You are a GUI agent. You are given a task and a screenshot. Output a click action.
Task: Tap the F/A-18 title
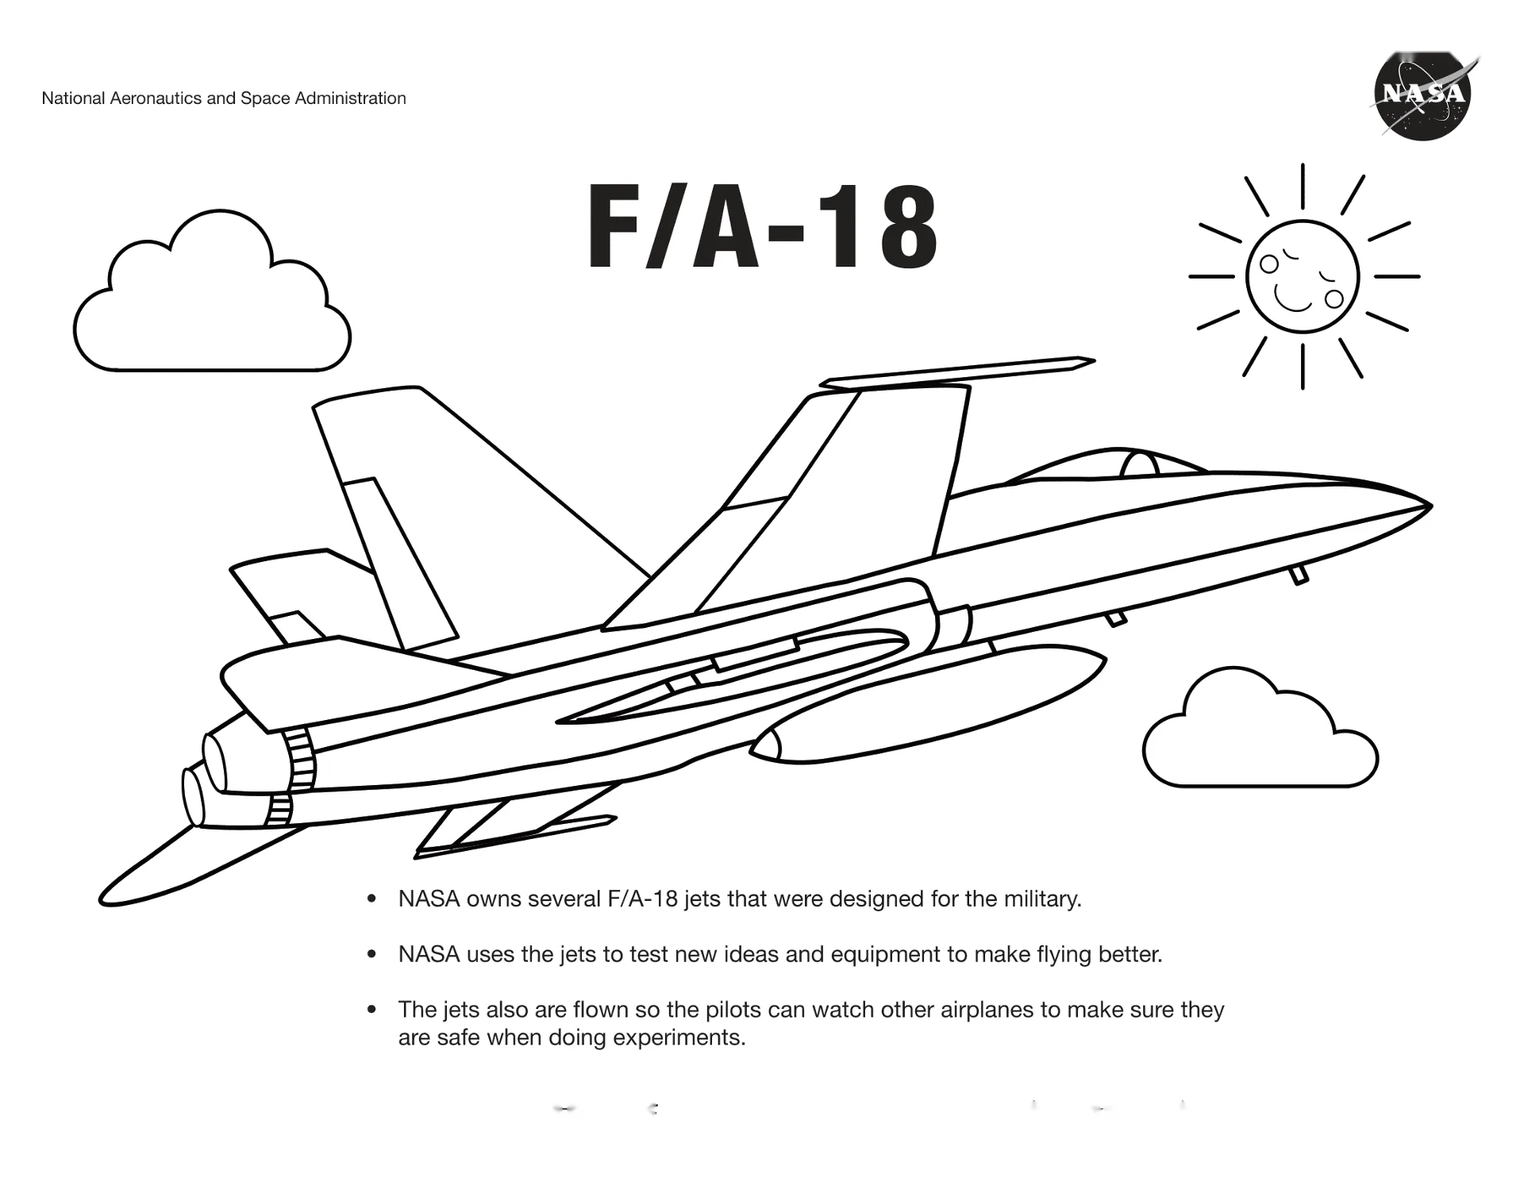pos(762,228)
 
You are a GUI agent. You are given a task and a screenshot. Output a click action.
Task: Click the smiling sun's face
pos(1303,277)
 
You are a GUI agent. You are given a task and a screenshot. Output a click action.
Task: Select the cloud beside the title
pos(212,291)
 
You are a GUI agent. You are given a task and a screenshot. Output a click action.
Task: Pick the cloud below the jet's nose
pos(1260,729)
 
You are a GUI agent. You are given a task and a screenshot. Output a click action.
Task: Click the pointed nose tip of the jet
pos(1430,505)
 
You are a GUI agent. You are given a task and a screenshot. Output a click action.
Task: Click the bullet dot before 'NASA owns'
pos(371,899)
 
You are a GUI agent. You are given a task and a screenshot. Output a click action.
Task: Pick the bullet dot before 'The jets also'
pos(371,1010)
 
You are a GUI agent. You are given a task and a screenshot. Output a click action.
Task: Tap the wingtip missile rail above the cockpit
pos(957,373)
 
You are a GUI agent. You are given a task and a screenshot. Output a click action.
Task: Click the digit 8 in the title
pos(906,228)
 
